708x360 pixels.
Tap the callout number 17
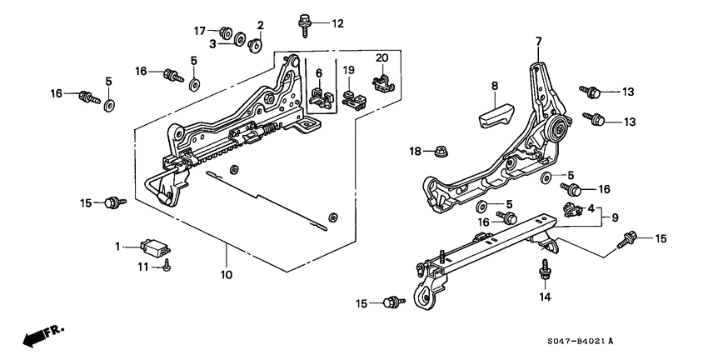pos(200,32)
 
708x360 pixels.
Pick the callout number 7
pos(538,41)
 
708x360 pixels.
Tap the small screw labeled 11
pos(168,266)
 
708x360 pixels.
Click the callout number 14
pos(544,297)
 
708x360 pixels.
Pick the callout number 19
pos(349,69)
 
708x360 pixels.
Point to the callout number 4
pos(591,208)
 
